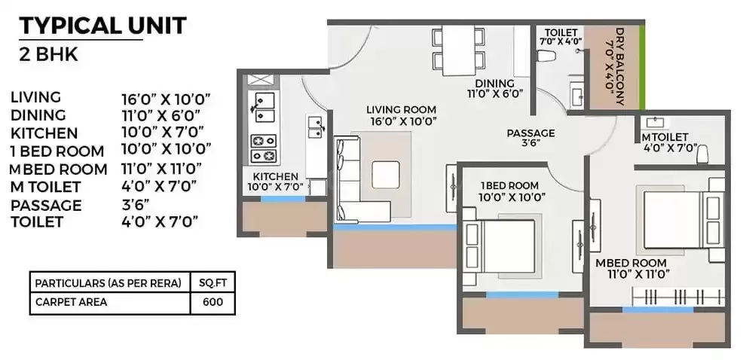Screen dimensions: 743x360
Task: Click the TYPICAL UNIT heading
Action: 102,26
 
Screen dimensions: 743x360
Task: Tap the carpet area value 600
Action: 213,302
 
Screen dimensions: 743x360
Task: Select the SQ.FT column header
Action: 213,284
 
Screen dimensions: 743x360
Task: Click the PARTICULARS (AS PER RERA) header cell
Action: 109,284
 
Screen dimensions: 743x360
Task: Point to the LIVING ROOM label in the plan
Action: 402,110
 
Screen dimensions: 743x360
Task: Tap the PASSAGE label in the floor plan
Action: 530,133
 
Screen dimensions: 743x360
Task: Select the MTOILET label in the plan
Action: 665,137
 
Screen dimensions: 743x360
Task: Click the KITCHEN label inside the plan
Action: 275,176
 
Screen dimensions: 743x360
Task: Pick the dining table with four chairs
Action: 458,50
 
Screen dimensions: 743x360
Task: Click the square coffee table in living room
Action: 385,175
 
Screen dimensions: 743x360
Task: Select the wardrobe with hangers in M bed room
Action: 678,297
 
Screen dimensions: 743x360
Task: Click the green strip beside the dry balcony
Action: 642,67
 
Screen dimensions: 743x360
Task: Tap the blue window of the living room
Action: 396,227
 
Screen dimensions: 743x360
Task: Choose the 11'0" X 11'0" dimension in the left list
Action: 161,168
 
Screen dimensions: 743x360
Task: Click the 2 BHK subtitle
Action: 48,55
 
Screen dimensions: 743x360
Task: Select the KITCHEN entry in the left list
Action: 44,133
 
